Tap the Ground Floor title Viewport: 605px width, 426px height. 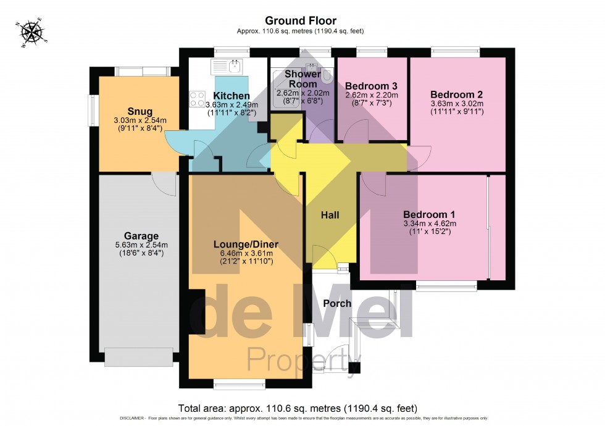tap(301, 21)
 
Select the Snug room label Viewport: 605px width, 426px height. tap(140, 111)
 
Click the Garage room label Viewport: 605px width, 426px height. tap(141, 236)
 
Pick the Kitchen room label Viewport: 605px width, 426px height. tap(232, 96)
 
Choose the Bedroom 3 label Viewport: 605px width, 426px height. tap(371, 86)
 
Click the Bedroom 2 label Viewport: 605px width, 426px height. tap(457, 94)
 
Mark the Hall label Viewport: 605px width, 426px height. tap(330, 215)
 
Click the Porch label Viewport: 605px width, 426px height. tap(337, 303)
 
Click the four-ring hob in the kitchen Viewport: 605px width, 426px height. tap(198, 99)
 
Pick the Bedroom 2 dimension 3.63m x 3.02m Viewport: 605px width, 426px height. tap(457, 104)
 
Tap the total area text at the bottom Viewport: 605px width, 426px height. tap(298, 408)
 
